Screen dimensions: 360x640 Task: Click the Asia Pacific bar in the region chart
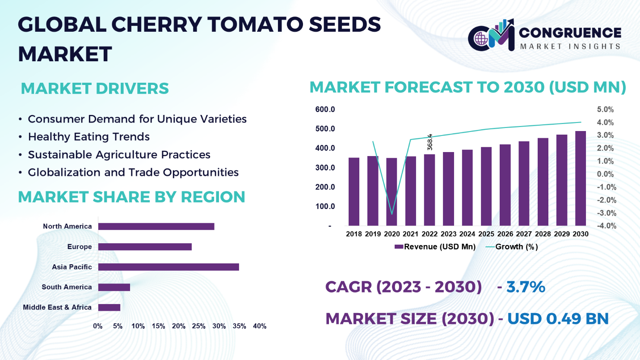[x=168, y=267]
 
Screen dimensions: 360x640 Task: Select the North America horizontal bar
[x=156, y=226]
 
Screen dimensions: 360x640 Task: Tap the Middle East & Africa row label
[x=57, y=307]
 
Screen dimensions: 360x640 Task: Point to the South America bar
[x=114, y=287]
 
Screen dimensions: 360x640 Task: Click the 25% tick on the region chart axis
[x=198, y=326]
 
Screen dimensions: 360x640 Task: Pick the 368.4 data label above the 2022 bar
[x=430, y=142]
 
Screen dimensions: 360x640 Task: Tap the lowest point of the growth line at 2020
[x=392, y=214]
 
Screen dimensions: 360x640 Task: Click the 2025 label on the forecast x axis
[x=486, y=234]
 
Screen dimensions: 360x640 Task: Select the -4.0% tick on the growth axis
[x=606, y=226]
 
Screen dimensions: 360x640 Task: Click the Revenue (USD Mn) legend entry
[x=435, y=247]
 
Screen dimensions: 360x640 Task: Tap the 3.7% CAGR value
[x=526, y=287]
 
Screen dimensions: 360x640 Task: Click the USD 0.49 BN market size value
[x=558, y=319]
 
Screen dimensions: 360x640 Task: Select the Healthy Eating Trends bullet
[x=88, y=137]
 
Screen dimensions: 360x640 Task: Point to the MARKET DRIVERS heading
[x=95, y=89]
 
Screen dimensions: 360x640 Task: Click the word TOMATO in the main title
[x=232, y=25]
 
